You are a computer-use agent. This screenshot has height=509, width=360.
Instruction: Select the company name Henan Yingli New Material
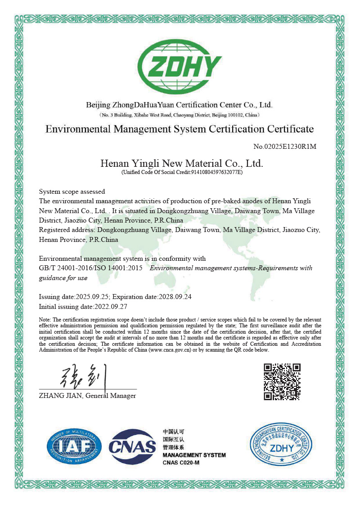(x=181, y=163)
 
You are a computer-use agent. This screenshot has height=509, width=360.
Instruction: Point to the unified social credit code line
(x=182, y=172)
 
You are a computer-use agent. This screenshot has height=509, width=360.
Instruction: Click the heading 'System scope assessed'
(x=72, y=192)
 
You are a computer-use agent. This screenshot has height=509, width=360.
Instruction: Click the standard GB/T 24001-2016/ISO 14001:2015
(x=91, y=268)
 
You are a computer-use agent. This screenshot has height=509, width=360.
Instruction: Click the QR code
(x=282, y=382)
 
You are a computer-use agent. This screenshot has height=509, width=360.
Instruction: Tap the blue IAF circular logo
(x=74, y=446)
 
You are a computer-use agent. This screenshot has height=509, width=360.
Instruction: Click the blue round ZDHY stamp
(x=282, y=446)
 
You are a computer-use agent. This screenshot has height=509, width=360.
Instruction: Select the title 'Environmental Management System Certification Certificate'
(x=180, y=129)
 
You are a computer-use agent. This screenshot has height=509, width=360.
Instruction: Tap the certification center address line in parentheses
(x=180, y=115)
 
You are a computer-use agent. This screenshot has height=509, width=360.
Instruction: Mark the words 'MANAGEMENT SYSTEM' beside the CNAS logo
(x=194, y=455)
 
